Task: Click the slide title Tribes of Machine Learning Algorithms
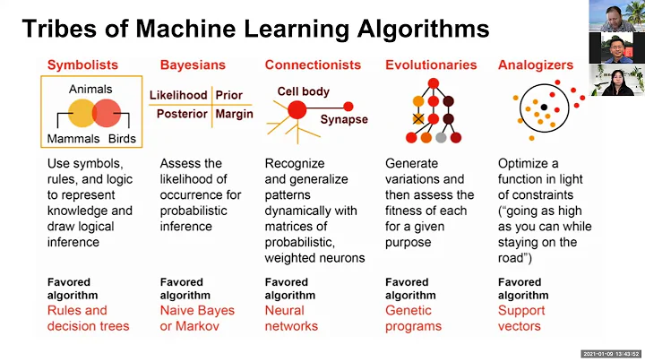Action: tap(255, 29)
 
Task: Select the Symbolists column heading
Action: tap(82, 65)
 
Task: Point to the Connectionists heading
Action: tap(313, 65)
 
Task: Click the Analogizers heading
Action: tap(534, 65)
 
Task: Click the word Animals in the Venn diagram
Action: tap(90, 90)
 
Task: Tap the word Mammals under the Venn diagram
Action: tap(73, 139)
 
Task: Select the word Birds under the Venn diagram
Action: tap(122, 139)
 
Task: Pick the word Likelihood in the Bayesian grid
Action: tap(178, 95)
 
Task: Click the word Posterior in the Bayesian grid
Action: tap(182, 114)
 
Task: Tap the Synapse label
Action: tap(344, 119)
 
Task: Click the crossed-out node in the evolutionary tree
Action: tap(417, 118)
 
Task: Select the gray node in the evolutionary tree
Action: tap(441, 138)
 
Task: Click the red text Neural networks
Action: tap(291, 318)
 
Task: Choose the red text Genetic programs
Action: tap(413, 318)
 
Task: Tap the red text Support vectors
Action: tap(521, 318)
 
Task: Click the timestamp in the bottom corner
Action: tap(610, 353)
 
